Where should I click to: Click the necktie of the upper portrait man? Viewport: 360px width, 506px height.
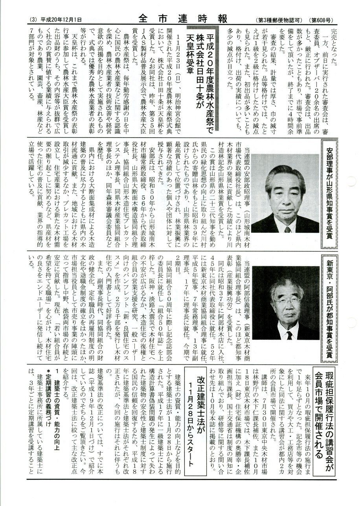288,229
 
